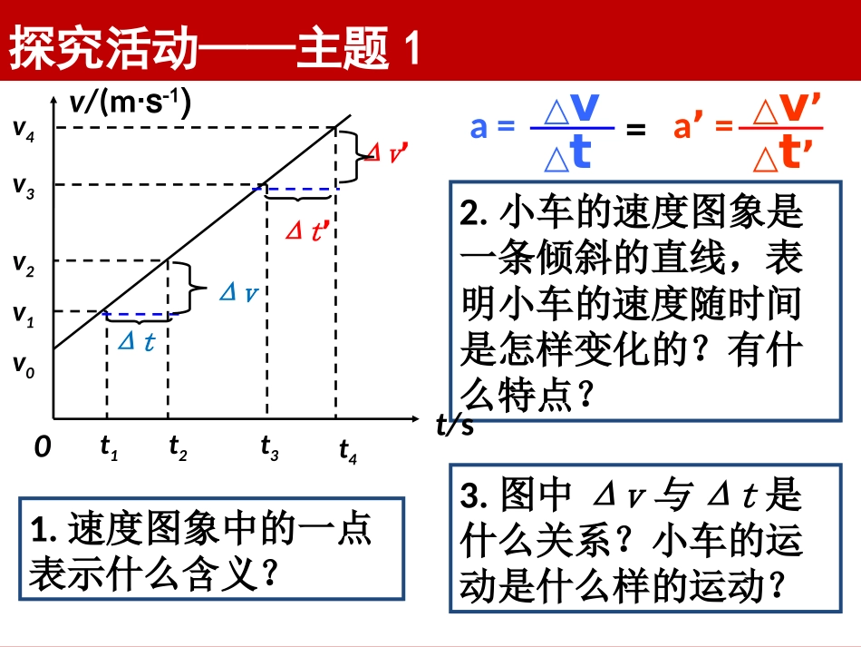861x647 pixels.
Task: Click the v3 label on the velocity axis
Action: pyautogui.click(x=24, y=186)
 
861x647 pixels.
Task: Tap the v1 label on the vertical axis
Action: pyautogui.click(x=24, y=315)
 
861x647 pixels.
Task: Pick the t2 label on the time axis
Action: pyautogui.click(x=178, y=447)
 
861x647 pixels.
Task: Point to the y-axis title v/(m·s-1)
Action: pyautogui.click(x=130, y=103)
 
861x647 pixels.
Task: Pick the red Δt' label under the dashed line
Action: pyautogui.click(x=305, y=231)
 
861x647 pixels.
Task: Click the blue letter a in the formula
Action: pyautogui.click(x=479, y=128)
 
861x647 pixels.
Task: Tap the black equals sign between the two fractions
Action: pyautogui.click(x=636, y=129)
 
